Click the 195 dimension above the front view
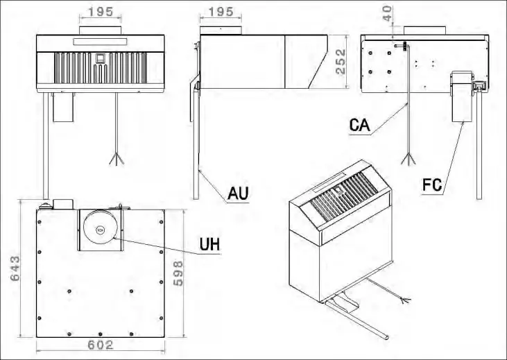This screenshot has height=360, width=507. (101, 12)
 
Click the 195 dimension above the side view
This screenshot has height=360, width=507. (221, 12)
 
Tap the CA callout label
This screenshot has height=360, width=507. (361, 126)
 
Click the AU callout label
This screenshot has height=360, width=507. (237, 192)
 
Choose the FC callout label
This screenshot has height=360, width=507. (431, 185)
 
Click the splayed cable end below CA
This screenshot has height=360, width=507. (410, 158)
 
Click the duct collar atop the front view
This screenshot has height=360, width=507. (101, 31)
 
